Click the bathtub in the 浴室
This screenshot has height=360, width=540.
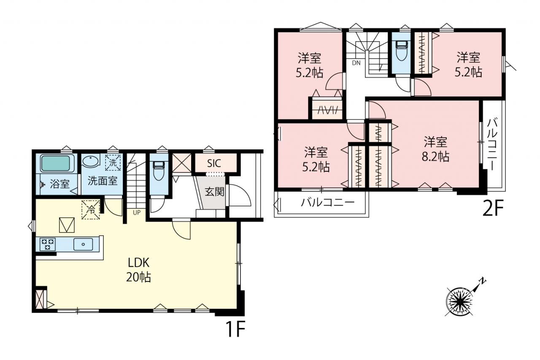[x=58, y=163]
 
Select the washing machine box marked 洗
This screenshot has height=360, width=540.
[x=113, y=162]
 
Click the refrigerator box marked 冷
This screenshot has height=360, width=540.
[x=91, y=210]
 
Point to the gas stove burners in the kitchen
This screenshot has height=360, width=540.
[x=48, y=244]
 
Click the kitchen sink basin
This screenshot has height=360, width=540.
[x=83, y=244]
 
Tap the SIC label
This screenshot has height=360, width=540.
[x=214, y=163]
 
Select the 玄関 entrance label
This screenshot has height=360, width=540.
[x=215, y=192]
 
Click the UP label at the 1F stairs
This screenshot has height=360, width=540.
[x=136, y=213]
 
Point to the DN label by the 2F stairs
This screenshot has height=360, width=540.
[x=356, y=63]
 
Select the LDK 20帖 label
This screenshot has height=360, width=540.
[x=139, y=270]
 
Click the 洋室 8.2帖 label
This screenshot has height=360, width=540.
[x=435, y=149]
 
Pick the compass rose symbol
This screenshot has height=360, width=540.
[x=459, y=301]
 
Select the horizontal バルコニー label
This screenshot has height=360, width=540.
[x=328, y=203]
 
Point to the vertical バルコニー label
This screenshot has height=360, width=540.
[x=492, y=144]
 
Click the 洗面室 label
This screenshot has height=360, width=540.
[x=103, y=181]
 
